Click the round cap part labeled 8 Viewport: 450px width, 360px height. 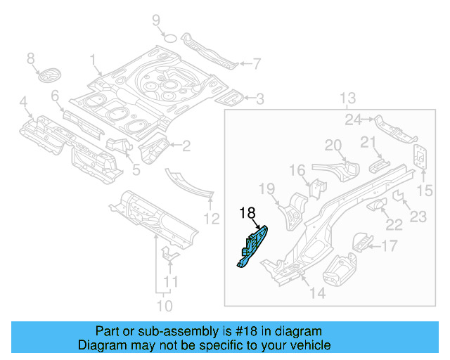49,75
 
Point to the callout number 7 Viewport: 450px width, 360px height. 256,64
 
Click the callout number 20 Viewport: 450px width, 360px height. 333,146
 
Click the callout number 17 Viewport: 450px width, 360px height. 389,245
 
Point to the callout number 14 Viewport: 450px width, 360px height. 317,293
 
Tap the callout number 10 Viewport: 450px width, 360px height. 163,305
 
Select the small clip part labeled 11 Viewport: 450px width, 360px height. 169,255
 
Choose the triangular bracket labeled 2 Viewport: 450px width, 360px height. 154,150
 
